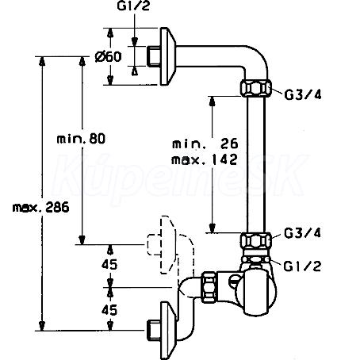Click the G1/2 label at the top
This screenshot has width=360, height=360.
[133, 6]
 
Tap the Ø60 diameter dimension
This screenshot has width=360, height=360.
[109, 56]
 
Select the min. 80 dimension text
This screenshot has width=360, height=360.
[81, 139]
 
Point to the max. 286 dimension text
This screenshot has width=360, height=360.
[40, 207]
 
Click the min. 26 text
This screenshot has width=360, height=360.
[205, 144]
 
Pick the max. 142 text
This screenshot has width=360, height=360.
[205, 159]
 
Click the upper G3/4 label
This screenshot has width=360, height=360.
[303, 94]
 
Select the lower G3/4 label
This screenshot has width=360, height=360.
[303, 233]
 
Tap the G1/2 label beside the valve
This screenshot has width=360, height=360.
[302, 266]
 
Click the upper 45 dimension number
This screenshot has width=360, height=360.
[109, 264]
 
